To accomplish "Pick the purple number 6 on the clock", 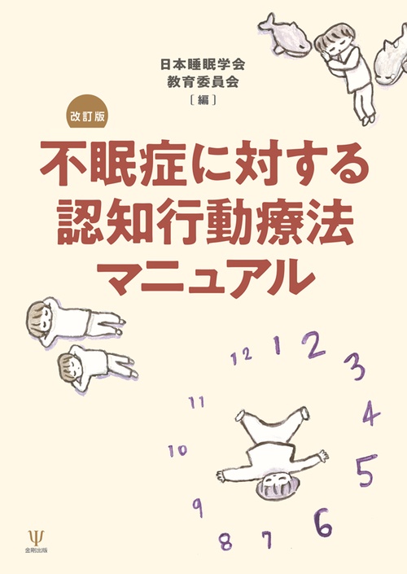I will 323,524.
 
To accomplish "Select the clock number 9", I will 197,506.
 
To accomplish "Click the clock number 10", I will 177,449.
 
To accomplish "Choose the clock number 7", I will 266,538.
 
